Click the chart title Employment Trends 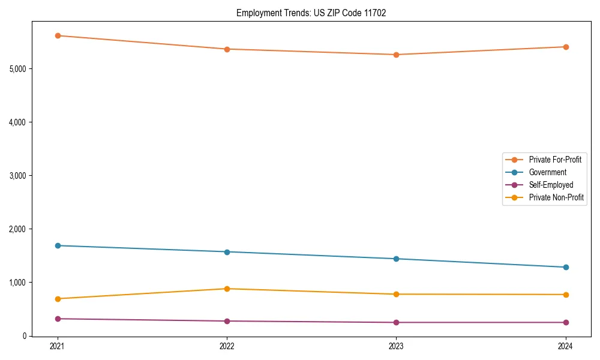[311, 13]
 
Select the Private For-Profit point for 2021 [58, 35]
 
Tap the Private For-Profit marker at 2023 [396, 55]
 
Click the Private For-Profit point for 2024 [565, 47]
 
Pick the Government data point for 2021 [58, 245]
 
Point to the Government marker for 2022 [227, 252]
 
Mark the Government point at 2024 [565, 267]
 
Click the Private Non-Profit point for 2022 [227, 289]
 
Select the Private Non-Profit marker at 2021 [58, 299]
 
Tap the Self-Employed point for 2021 [58, 319]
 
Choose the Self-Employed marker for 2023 [396, 322]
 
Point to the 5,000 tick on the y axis [19, 69]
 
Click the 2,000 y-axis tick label [19, 229]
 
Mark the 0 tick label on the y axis [25, 336]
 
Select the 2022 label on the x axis [227, 346]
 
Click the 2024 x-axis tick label [565, 346]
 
